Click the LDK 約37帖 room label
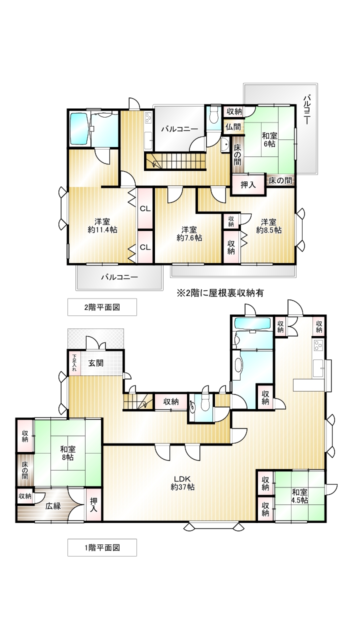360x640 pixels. tap(182, 483)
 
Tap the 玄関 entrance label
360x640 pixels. tap(95, 363)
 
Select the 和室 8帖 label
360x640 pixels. tap(67, 453)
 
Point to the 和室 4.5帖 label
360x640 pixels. tap(299, 496)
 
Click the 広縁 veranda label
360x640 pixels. tap(53, 506)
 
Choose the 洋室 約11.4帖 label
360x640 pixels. tap(102, 225)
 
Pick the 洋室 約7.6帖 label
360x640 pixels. tap(189, 233)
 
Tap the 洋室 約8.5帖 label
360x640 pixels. tap(269, 226)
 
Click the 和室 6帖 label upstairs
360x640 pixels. tap(269, 139)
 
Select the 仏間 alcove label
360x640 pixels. tap(233, 126)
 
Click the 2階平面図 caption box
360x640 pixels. tap(102, 307)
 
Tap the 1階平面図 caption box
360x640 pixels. tap(102, 547)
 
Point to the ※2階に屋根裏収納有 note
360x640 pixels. tap(220, 293)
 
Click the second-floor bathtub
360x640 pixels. tap(79, 129)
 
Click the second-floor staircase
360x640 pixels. tap(175, 161)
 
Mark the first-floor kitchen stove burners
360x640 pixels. tap(318, 345)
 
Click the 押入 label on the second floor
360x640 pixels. tap(248, 185)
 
